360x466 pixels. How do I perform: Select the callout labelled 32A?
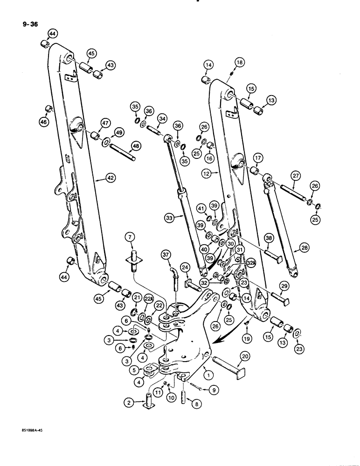click(253, 262)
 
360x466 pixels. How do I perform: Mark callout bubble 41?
click(201, 207)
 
